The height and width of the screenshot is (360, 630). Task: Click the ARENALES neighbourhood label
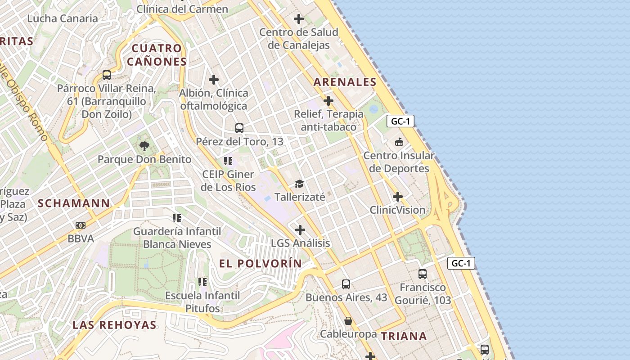pos(345,82)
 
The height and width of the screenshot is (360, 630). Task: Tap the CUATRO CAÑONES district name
pos(157,55)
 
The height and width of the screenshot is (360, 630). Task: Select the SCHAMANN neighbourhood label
pos(74,203)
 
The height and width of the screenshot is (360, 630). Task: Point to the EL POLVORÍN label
pos(261,264)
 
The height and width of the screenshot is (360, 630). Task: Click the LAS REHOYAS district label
pos(114,325)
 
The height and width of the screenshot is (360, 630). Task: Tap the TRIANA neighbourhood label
pos(404,336)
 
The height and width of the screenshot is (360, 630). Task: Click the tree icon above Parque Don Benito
pos(144,146)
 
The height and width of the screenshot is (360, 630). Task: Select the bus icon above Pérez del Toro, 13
pos(239,128)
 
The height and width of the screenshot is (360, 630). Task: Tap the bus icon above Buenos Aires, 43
pos(346,284)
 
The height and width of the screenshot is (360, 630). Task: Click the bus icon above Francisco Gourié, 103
pos(422,274)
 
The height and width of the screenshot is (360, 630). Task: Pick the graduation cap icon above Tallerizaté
pos(299,184)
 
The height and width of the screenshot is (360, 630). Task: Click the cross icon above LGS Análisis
pos(300,230)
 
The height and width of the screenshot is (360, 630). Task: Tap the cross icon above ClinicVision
pos(398,197)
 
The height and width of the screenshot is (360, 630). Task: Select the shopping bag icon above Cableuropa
pos(348,321)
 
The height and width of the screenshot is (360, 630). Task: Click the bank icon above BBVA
pos(81,225)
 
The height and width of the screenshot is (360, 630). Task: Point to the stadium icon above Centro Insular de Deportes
pos(399,142)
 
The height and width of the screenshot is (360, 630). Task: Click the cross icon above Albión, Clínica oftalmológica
pos(214,80)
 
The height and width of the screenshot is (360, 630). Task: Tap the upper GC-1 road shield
pos(400,121)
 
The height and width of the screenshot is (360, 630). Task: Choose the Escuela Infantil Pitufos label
pos(202,302)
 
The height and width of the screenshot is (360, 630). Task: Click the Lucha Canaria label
pos(63,18)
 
